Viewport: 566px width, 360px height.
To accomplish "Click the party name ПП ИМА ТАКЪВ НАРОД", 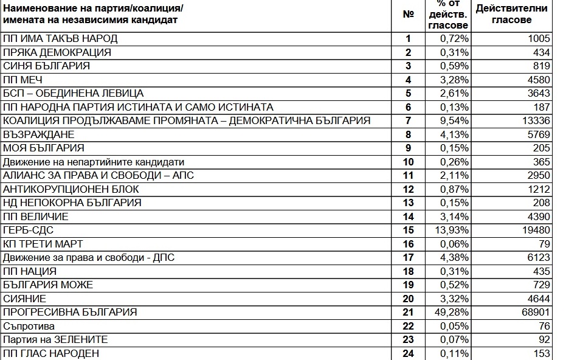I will click(60, 39).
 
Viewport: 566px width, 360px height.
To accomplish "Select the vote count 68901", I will click(534, 312).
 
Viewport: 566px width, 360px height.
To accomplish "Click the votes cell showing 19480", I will click(534, 230).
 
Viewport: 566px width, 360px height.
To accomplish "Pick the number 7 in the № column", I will click(409, 120).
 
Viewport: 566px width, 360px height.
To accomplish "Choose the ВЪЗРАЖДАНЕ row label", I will click(39, 134).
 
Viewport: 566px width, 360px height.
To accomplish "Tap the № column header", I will click(409, 15).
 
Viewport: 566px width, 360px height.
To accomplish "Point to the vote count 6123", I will click(537, 257).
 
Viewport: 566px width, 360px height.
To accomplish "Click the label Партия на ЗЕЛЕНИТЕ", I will click(56, 339).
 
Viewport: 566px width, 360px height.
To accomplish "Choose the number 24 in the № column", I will click(409, 353).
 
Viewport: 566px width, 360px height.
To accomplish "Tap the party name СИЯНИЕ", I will click(24, 299).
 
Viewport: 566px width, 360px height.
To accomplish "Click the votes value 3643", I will click(537, 93).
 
